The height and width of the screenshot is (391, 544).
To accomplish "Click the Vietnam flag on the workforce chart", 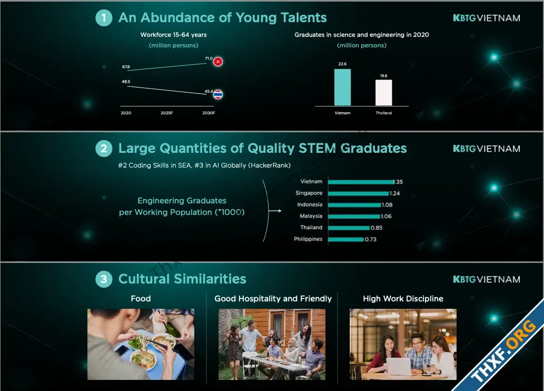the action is point(218,62).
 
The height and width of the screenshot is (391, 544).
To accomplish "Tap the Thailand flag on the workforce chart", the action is point(218,94).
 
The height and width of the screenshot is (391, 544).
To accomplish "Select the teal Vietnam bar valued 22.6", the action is point(342,87).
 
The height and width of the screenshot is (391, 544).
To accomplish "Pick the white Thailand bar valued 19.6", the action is point(384,93).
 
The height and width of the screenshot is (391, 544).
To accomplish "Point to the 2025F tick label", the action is point(167,113).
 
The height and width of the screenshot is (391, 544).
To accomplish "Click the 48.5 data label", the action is point(126,82).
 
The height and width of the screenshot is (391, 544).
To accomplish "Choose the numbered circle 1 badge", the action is point(104,18).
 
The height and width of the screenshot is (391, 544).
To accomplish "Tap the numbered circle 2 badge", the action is point(104,149).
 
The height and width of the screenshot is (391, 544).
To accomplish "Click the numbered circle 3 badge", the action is point(104,279).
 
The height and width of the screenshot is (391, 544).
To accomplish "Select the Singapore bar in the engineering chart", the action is point(359,193).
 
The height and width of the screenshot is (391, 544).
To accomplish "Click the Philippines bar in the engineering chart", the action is point(346,239).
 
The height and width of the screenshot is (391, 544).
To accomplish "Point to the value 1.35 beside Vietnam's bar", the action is point(398,182).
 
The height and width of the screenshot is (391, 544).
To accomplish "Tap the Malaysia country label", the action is point(311,216).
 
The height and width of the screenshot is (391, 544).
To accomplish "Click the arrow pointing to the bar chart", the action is point(275,211).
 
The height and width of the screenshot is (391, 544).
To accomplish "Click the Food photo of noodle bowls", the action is point(141,344).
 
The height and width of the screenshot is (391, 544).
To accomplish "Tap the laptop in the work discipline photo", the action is point(399,366).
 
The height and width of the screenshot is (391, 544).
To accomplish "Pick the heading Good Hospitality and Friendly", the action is point(273,299).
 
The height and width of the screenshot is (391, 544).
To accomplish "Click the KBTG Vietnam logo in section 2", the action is point(487,149).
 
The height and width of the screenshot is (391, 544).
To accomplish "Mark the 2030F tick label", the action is point(209,113).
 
